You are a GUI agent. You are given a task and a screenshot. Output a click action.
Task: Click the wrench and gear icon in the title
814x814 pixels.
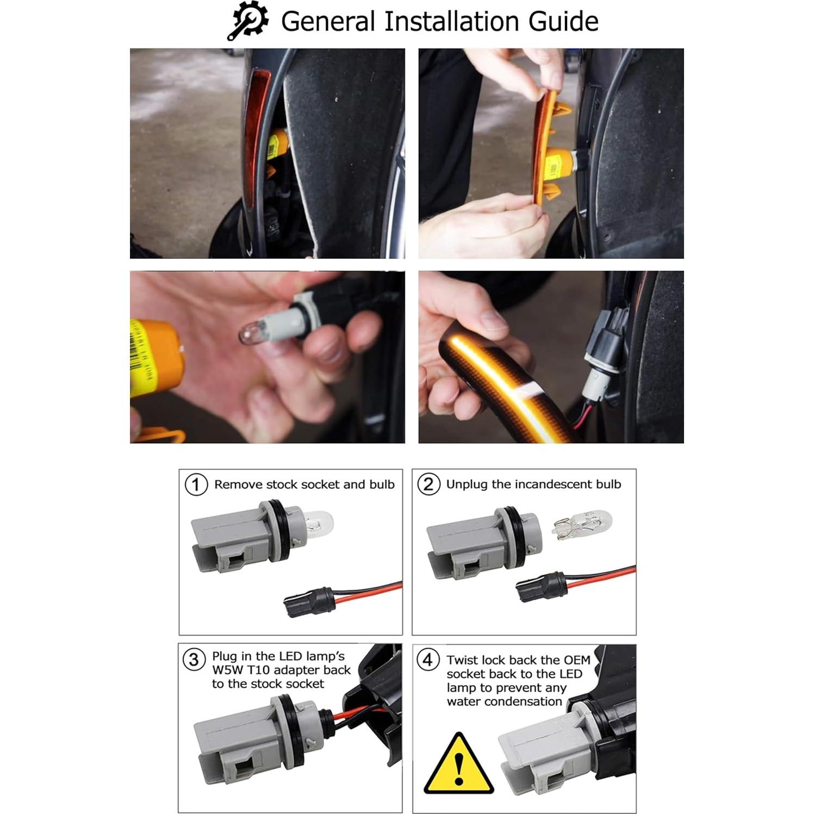[247, 22]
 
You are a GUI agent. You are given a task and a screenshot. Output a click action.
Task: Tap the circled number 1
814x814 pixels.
[196, 484]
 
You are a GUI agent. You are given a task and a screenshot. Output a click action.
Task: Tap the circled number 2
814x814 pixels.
[428, 484]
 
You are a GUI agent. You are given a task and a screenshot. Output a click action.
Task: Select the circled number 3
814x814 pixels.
[194, 660]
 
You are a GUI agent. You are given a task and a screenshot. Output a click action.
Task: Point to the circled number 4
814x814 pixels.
[428, 660]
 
